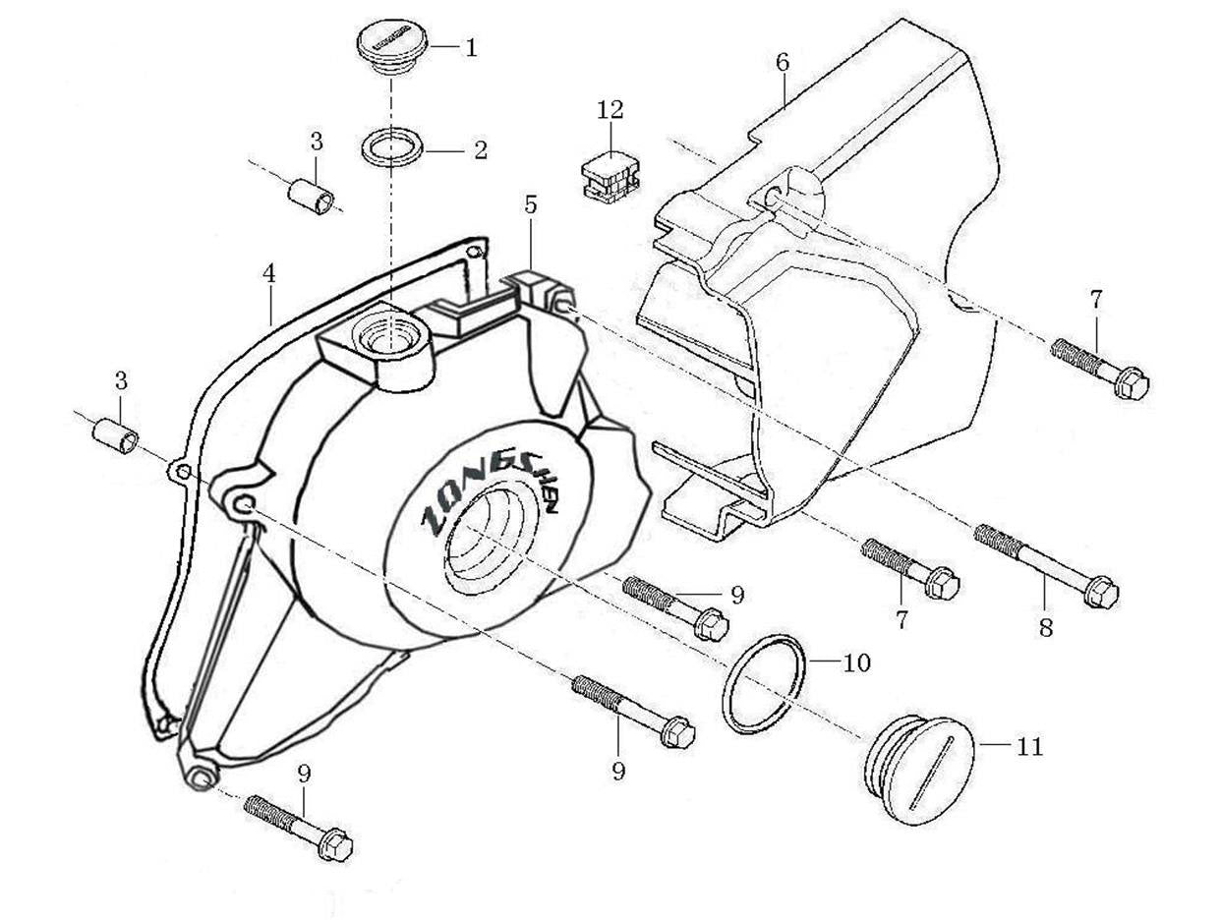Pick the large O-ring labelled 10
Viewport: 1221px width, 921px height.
click(x=764, y=684)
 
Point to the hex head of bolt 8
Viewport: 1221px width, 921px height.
click(x=1101, y=592)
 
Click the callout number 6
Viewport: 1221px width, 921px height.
click(x=783, y=62)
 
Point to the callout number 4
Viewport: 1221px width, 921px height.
click(x=269, y=274)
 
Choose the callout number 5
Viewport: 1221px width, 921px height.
click(x=531, y=204)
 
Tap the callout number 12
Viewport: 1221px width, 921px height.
click(x=610, y=109)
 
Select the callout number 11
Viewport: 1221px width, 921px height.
click(x=1029, y=747)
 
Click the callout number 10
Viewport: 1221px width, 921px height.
click(x=856, y=663)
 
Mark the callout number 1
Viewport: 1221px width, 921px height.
click(x=471, y=47)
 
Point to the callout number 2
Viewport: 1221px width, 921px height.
click(x=480, y=150)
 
